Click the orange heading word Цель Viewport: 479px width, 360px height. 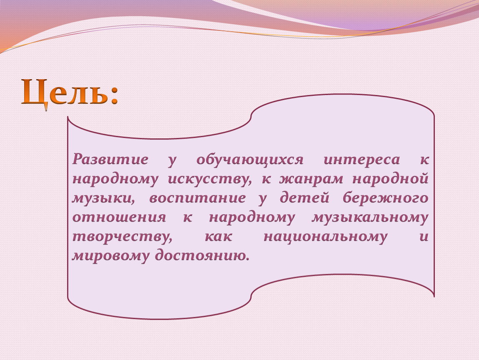[x=65, y=92]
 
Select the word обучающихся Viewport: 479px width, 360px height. [x=250, y=160]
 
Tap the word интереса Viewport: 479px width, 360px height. [x=362, y=160]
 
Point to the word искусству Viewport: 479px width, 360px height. [x=210, y=180]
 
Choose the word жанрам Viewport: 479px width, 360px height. [x=311, y=180]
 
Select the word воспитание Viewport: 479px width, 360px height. [x=197, y=198]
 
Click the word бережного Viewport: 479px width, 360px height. [x=386, y=197]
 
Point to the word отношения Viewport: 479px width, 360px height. [x=119, y=217]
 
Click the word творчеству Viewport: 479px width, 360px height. [x=122, y=237]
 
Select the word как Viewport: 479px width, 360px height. [x=218, y=237]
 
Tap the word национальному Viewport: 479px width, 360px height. [x=325, y=237]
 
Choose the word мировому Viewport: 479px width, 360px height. [x=110, y=256]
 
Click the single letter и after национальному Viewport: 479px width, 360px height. [x=424, y=237]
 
